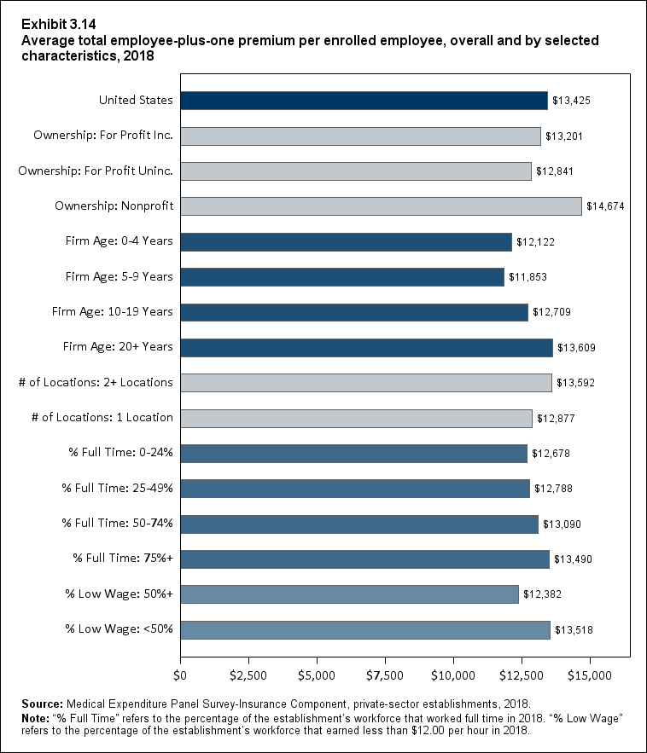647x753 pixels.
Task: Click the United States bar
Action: pos(364,100)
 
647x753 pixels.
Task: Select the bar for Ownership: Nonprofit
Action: pos(381,206)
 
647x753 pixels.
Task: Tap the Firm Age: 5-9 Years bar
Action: pos(341,277)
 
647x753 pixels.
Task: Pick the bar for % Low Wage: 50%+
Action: pos(349,594)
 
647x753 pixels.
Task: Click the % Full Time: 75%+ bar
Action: pos(364,559)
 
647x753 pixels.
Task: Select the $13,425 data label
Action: pos(571,101)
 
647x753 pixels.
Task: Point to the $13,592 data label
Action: pos(575,383)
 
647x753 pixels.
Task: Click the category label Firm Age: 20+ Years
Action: pos(118,347)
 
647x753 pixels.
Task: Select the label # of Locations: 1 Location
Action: pos(96,418)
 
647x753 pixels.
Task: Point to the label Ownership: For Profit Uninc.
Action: pos(96,171)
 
